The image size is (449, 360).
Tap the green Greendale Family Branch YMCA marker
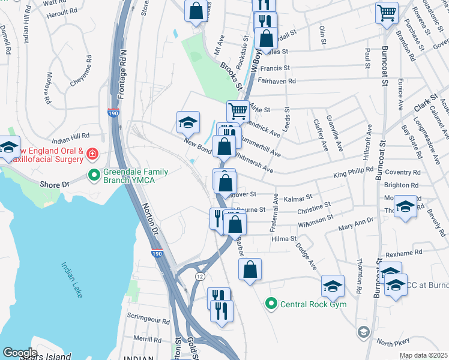(x=93, y=175)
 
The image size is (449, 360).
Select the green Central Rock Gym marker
(x=271, y=304)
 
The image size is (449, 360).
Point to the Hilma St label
(x=285, y=238)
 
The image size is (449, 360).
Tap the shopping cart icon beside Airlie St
(x=238, y=110)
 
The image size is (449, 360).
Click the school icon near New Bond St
(x=188, y=122)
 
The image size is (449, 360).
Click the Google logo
(x=20, y=353)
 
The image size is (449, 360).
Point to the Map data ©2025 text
(x=423, y=355)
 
